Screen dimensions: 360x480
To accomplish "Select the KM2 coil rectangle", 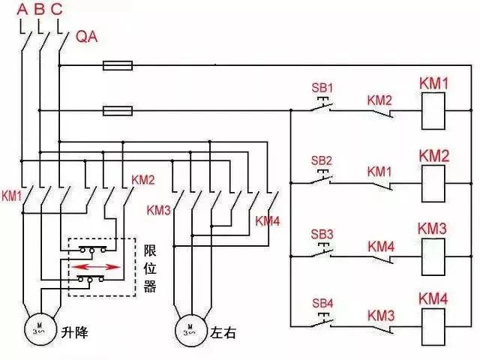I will pos(433,181).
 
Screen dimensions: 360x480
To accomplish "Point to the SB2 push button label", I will pos(321,160).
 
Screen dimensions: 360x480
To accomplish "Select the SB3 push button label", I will pos(321,233).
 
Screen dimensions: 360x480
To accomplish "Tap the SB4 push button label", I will pos(321,303).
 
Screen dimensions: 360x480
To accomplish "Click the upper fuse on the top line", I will pos(117,66).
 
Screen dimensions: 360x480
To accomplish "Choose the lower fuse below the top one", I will pos(117,111).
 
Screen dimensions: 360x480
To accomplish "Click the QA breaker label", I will pos(87,36).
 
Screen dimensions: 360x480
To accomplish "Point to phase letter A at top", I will pos(22,10).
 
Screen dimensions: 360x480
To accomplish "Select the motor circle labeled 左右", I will pos(190,327).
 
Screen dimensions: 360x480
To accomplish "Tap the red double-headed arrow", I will pos(95,266).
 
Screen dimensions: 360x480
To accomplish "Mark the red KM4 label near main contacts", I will pos(268,220).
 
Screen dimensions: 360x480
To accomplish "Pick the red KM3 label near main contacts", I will pos(159,209).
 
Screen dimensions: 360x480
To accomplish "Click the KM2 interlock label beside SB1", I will pos(379,100).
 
